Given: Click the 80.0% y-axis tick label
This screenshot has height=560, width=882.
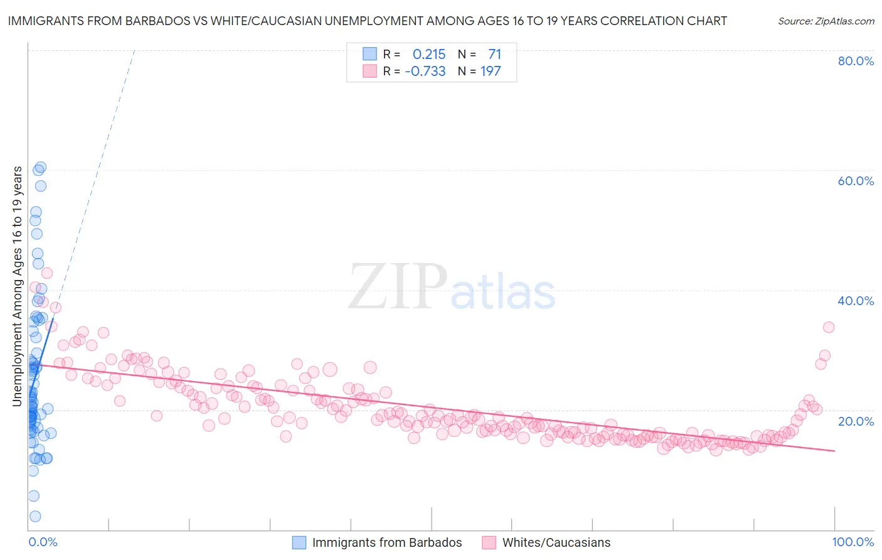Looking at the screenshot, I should (856, 61).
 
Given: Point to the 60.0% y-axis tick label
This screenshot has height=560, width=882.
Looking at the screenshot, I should (856, 181).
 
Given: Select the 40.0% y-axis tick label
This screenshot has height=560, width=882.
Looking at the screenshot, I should (856, 301).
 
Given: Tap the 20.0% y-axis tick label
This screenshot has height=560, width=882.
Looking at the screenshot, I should (856, 421).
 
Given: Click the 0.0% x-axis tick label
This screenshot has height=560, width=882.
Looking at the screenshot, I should (43, 542).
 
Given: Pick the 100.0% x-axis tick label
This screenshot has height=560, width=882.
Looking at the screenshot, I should (853, 542).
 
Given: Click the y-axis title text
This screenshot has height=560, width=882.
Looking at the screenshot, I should (17, 286).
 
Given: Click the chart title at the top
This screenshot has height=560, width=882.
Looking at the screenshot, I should (367, 21).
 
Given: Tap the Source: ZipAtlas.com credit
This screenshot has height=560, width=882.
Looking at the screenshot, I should (826, 21).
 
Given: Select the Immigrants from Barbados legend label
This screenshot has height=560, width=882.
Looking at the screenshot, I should (386, 542).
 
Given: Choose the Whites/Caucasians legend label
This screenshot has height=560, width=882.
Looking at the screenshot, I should (556, 542).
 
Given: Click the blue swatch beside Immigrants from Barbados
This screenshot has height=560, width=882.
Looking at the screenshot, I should (299, 542).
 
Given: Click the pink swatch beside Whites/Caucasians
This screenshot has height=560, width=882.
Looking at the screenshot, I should (489, 542).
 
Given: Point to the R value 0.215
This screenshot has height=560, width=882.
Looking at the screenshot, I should (429, 55).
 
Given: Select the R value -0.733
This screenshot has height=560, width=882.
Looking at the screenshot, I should (425, 72).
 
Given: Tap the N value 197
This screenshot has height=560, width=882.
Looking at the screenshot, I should (491, 72).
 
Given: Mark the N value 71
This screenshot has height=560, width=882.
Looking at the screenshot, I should (494, 55).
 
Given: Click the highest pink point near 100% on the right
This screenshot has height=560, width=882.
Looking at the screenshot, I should (828, 327).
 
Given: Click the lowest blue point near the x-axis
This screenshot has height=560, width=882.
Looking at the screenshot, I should (35, 516).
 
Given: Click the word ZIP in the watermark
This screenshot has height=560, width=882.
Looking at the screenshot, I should (398, 286).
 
